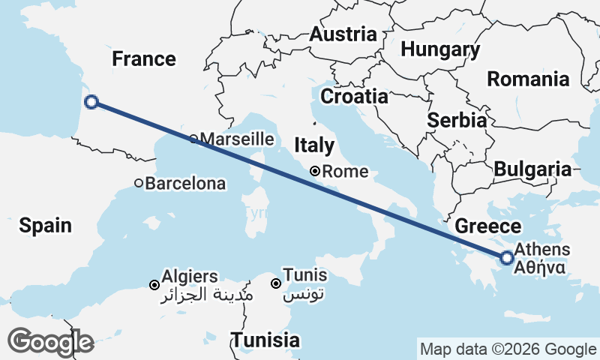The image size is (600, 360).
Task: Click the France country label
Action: point(144,58)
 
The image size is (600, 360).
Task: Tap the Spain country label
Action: point(46,224)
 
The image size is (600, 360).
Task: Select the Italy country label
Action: point(314,145)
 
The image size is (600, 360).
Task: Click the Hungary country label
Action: point(440,49)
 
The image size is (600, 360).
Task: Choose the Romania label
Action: point(528,79)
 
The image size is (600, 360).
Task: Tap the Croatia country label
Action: point(354,97)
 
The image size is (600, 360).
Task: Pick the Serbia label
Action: point(457,120)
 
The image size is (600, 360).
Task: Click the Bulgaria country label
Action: point(532,169)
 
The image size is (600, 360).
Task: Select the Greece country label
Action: point(488,226)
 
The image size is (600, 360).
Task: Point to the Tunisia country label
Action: point(265,340)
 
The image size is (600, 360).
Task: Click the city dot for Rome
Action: point(316,171)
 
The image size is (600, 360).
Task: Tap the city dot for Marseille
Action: point(193,139)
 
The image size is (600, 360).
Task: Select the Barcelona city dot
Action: point(139,182)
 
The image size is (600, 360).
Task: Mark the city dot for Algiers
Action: point(154,285)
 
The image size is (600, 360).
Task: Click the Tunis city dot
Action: point(276,283)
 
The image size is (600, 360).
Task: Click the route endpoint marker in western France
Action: point(91,102)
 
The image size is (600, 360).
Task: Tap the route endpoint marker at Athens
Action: point(507,258)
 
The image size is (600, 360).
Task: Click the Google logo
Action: point(51,342)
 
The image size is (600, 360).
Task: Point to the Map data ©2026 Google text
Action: point(508,349)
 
